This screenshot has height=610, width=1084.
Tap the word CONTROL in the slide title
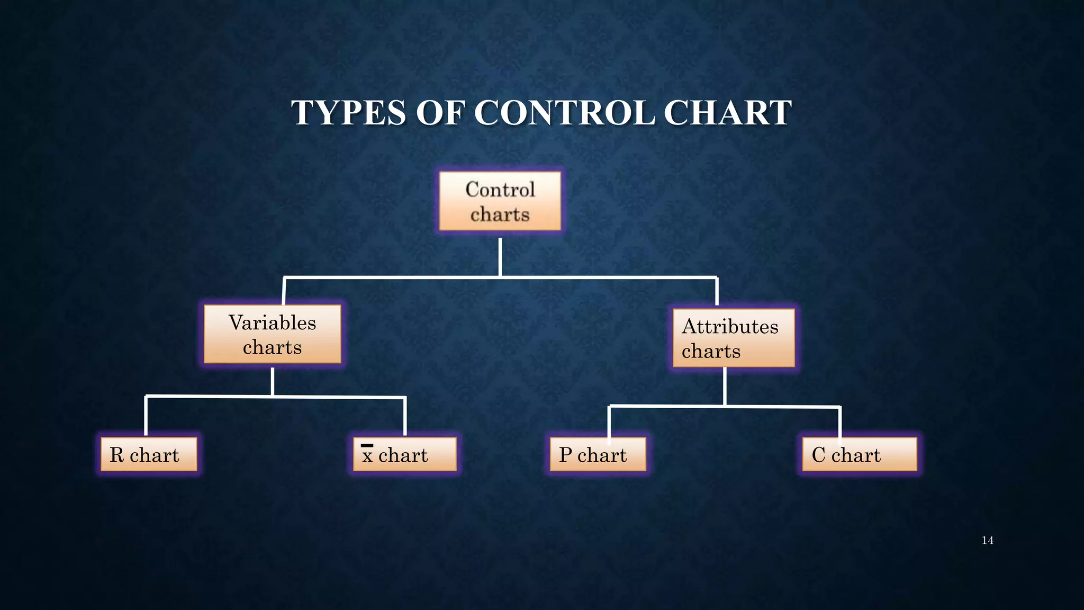(x=564, y=113)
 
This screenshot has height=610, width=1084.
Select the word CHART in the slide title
(x=727, y=113)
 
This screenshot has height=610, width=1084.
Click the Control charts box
(x=500, y=201)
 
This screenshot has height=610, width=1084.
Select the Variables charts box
(x=272, y=334)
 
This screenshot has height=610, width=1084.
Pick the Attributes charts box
(x=734, y=338)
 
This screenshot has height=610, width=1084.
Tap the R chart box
(x=149, y=454)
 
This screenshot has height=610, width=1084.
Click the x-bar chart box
(x=404, y=454)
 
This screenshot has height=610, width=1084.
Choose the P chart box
(x=598, y=454)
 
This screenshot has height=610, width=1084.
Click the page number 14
(x=987, y=541)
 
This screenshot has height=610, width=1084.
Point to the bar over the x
(x=367, y=446)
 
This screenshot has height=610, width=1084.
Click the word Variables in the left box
(x=272, y=322)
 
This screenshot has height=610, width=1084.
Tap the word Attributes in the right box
(x=730, y=326)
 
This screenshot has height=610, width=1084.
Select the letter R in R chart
(x=116, y=455)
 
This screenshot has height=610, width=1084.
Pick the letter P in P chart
(x=565, y=455)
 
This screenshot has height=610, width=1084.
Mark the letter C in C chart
(x=818, y=455)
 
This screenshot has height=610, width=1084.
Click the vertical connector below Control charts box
(x=500, y=257)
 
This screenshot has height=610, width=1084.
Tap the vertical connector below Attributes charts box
(x=725, y=387)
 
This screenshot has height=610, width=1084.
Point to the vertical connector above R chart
(x=146, y=416)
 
